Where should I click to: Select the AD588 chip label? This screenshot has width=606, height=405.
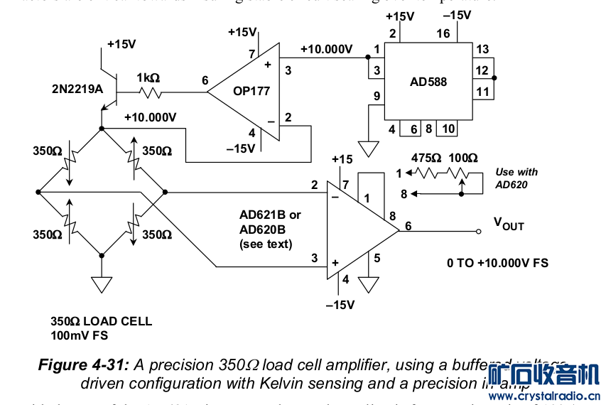coord(428,82)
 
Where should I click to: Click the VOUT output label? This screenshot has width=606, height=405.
coord(509,224)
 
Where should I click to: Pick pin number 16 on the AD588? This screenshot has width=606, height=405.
coord(443,33)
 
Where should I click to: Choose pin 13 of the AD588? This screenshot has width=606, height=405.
coord(482,49)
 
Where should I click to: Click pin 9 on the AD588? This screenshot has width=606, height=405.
coord(377,96)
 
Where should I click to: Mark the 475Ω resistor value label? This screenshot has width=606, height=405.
coord(426,157)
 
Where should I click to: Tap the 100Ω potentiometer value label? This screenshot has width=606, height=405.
coord(462,157)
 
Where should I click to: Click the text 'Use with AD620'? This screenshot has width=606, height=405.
coord(516,178)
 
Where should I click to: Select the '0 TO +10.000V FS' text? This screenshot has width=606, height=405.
coord(497,263)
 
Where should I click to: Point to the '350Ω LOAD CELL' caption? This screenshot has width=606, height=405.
coord(101,321)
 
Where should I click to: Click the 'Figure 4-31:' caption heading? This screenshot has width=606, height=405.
coord(83,365)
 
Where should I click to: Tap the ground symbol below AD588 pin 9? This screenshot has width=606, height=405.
coord(368,148)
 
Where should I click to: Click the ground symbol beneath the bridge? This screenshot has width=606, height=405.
coord(102,284)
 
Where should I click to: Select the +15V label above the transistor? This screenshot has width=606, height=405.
coord(121,44)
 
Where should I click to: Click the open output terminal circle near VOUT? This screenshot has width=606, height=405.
coord(479,230)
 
